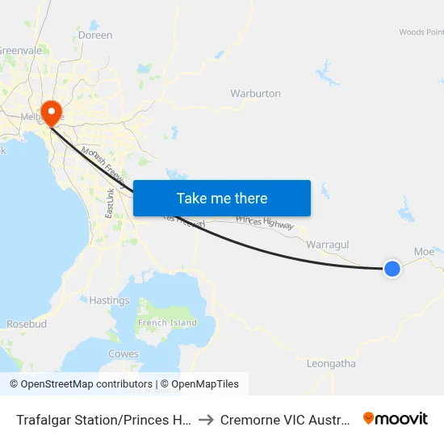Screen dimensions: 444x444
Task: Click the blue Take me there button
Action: click(x=221, y=198)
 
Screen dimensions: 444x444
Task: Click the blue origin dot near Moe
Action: click(x=392, y=269)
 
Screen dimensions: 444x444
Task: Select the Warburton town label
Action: click(x=255, y=94)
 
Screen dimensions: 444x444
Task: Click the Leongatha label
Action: click(x=331, y=364)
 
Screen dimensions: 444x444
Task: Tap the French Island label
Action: click(x=167, y=323)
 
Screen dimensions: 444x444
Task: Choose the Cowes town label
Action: click(x=123, y=354)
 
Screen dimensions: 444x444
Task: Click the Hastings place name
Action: click(x=109, y=300)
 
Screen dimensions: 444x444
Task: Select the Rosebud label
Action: click(x=27, y=324)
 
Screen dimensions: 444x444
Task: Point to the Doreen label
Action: click(x=95, y=36)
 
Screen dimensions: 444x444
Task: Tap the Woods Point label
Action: click(x=421, y=32)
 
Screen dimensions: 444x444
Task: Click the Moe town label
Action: click(x=424, y=251)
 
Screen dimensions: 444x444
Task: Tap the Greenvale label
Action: click(x=20, y=50)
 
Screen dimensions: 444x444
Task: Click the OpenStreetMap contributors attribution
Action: click(x=81, y=384)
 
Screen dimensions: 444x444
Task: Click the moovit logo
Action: click(x=396, y=418)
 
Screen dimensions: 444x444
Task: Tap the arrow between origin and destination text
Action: click(x=205, y=420)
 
